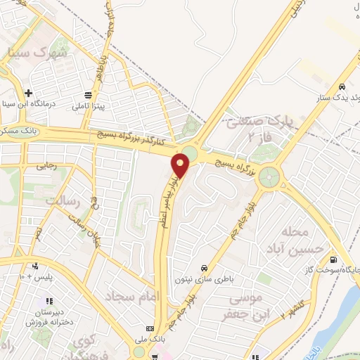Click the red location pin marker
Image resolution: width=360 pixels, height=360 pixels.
(x=181, y=166)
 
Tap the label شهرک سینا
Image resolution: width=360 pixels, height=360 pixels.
(x=43, y=53)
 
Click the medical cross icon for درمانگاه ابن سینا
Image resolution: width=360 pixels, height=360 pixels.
(x=28, y=93)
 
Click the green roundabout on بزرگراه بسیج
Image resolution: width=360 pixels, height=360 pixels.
(x=269, y=176)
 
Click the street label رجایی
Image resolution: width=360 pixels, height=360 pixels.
(x=40, y=167)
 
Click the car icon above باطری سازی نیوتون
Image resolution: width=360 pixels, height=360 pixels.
(x=204, y=268)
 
